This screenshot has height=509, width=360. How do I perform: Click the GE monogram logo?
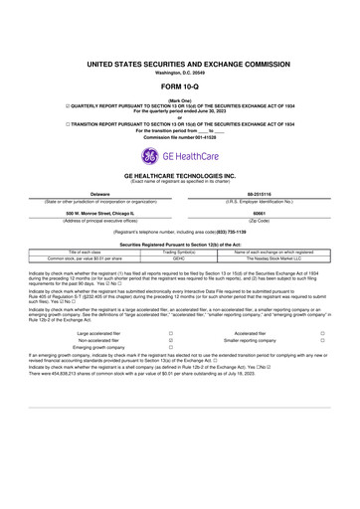(x=149, y=155)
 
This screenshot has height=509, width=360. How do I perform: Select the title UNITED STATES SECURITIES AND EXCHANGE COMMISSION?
(x=180, y=63)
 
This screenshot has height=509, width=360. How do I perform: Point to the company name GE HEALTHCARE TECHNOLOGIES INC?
(x=180, y=174)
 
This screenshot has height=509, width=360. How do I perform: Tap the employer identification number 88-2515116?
(x=260, y=193)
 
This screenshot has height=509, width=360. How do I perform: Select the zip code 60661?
(x=260, y=212)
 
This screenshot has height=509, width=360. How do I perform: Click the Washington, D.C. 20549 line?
(x=180, y=72)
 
